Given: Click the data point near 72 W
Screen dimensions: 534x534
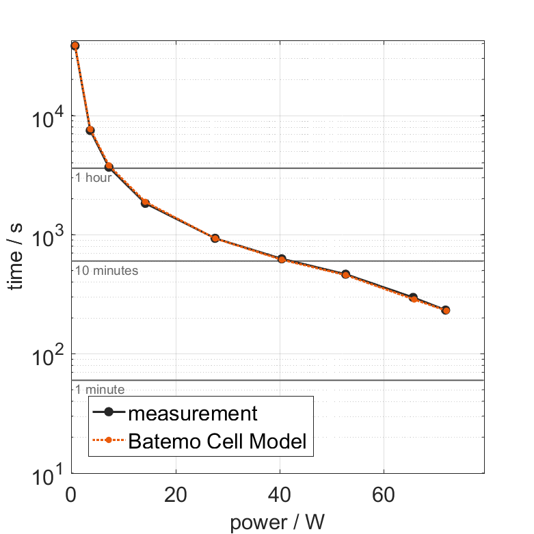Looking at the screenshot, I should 446,310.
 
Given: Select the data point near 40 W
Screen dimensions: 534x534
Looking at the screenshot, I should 282,259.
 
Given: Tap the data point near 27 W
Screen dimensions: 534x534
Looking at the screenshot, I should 215,238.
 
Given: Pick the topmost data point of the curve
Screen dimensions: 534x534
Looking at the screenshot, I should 75,46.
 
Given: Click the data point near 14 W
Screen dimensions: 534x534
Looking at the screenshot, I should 145,203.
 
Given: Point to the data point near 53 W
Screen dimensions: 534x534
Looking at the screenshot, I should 346,274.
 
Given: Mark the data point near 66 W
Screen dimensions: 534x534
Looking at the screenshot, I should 413,298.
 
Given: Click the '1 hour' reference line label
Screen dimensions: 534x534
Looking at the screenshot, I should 94,178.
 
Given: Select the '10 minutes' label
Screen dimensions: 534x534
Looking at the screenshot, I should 106,271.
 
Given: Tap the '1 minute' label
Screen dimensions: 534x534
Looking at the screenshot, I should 99,390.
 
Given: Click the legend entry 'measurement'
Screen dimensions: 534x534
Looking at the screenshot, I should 192,413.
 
